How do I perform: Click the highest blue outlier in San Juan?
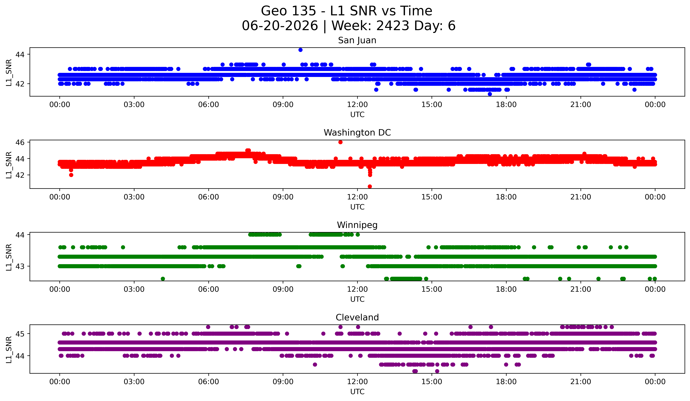[300, 50]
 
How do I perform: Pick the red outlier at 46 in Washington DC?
[340, 142]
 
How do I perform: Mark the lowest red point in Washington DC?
[370, 186]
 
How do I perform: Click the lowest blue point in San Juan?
[490, 94]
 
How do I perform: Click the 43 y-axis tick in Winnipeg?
[20, 266]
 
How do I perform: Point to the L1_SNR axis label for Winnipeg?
[9, 257]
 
